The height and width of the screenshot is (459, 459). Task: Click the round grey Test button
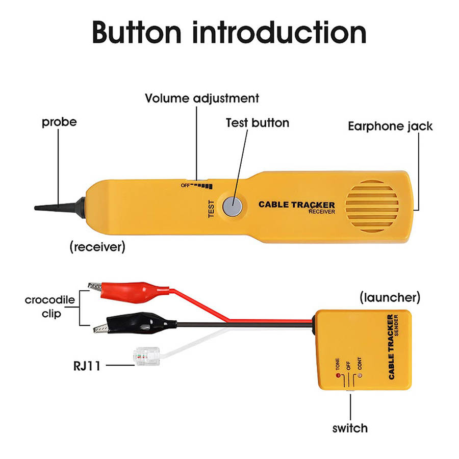click(x=232, y=207)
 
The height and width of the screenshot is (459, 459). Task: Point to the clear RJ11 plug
click(x=145, y=355)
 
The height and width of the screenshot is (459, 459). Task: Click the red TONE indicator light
click(x=337, y=376)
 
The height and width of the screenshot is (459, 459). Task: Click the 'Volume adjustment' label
click(x=202, y=98)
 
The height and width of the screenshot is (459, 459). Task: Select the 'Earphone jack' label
click(x=390, y=126)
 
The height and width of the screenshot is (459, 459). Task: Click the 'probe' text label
click(x=59, y=122)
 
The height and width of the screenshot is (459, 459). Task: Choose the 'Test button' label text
click(x=257, y=123)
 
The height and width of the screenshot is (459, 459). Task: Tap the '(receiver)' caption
click(x=97, y=247)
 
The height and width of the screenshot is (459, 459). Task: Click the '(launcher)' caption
click(x=390, y=296)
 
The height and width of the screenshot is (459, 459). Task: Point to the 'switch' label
click(x=350, y=427)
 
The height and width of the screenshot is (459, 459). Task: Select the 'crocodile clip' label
click(x=50, y=306)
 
